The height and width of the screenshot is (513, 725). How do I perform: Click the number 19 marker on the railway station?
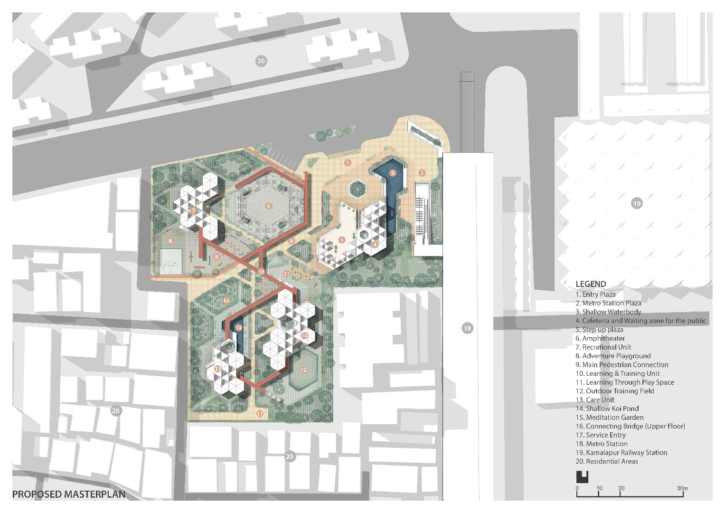(637, 204)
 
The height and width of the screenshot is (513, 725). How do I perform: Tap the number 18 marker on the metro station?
(467, 328)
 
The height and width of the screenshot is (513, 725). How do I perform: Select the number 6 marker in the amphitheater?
(268, 206)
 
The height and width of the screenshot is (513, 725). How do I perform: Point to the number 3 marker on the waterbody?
(392, 173)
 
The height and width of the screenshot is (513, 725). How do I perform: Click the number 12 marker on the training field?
(303, 370)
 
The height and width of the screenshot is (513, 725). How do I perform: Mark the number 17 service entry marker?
(260, 414)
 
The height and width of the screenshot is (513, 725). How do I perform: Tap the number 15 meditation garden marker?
(226, 301)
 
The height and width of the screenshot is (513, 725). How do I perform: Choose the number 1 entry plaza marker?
(347, 162)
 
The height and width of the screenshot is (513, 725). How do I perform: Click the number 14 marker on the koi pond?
(238, 328)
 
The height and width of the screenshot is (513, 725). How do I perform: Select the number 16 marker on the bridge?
(262, 272)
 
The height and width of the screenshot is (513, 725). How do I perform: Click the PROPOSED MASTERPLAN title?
(69, 494)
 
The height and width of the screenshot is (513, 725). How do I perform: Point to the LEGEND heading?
(591, 284)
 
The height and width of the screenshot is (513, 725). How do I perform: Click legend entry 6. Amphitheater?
(600, 338)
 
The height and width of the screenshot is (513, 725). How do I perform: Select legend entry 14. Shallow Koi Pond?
(607, 408)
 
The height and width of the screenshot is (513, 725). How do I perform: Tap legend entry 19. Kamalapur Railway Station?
(621, 452)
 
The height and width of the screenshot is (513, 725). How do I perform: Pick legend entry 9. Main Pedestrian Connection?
(622, 364)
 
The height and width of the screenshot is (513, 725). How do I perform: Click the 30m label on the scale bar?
(682, 488)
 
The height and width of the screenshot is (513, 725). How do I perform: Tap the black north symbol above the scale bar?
(582, 477)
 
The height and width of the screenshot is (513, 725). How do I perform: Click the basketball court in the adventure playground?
(171, 262)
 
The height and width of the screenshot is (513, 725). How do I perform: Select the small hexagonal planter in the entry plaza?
(357, 188)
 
